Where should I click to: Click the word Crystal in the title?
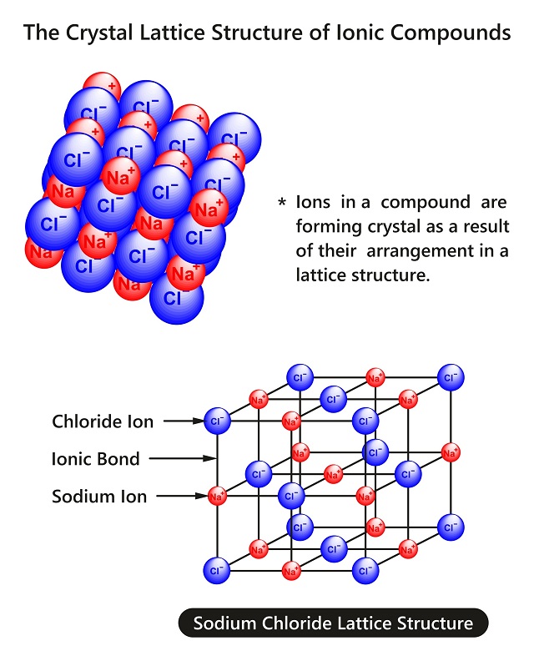click(99, 33)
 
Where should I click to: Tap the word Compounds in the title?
click(450, 33)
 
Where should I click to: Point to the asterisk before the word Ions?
click(282, 202)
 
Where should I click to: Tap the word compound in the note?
click(426, 203)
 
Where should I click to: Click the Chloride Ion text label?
click(103, 421)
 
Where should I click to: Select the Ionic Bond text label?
click(95, 459)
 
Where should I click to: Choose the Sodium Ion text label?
click(99, 497)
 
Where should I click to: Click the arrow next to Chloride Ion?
click(184, 421)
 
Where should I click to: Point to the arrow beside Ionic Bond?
click(183, 458)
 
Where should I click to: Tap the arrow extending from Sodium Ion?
click(183, 497)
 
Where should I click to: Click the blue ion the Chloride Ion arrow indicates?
click(217, 421)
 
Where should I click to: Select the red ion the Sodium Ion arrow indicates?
click(217, 497)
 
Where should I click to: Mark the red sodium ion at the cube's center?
click(333, 475)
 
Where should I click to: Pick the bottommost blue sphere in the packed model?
click(177, 297)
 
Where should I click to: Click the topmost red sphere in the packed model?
click(102, 87)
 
